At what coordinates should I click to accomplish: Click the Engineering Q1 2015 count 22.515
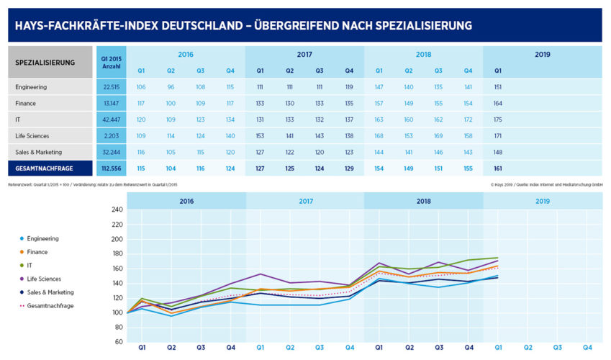point(111,87)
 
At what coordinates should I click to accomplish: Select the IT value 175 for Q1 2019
point(498,119)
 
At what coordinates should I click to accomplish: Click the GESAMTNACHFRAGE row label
point(45,168)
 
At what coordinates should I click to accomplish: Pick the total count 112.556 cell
point(111,168)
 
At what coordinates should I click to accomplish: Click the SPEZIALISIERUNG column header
point(45,63)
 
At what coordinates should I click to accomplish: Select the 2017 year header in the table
point(304,55)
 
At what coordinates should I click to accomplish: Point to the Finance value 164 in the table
point(498,103)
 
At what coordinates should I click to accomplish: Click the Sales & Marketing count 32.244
point(111,151)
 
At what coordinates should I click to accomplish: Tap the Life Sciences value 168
point(379,135)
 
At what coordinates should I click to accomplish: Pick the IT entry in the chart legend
point(33,266)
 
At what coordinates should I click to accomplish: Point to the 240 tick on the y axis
point(117,210)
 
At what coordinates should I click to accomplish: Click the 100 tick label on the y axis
point(117,312)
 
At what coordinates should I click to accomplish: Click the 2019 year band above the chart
point(543,202)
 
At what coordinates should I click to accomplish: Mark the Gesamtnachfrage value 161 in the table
point(498,168)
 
